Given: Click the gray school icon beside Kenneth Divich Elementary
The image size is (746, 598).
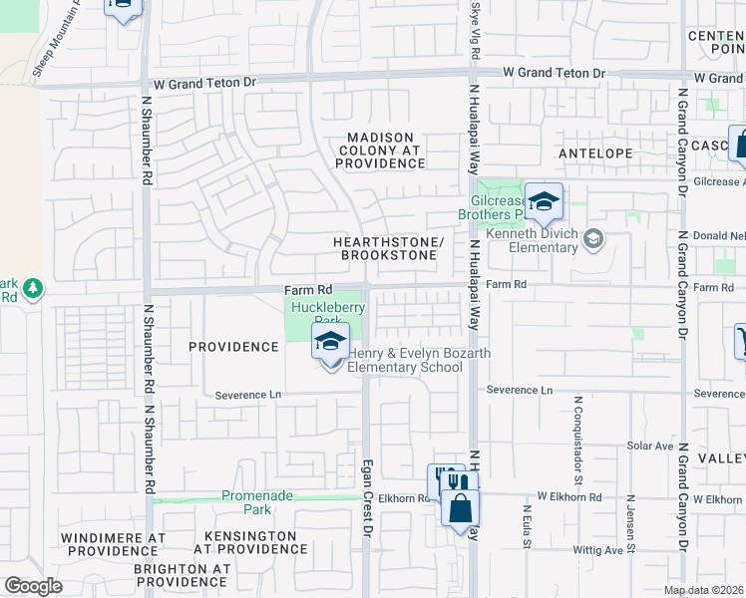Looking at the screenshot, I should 593,239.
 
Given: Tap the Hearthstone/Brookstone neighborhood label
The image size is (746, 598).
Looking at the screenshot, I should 388,248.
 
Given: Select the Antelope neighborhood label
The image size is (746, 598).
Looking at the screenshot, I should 595,153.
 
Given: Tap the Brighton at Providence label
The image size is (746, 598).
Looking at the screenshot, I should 183,575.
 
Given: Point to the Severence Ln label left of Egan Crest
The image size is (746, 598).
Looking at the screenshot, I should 248,395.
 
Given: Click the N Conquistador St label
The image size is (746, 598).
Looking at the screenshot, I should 578,436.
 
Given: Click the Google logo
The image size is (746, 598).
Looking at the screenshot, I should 33,586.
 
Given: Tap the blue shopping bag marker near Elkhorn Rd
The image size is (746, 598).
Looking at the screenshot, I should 460,508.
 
